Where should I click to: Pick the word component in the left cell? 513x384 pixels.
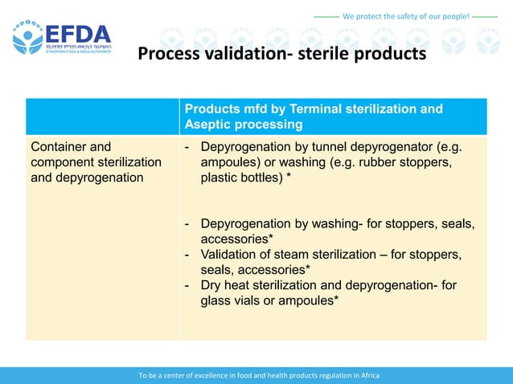pos(65,162)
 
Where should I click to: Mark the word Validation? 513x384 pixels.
pos(232,254)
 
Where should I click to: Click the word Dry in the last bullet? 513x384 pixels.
pos(212,285)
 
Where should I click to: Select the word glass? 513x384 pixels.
pos(217,300)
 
